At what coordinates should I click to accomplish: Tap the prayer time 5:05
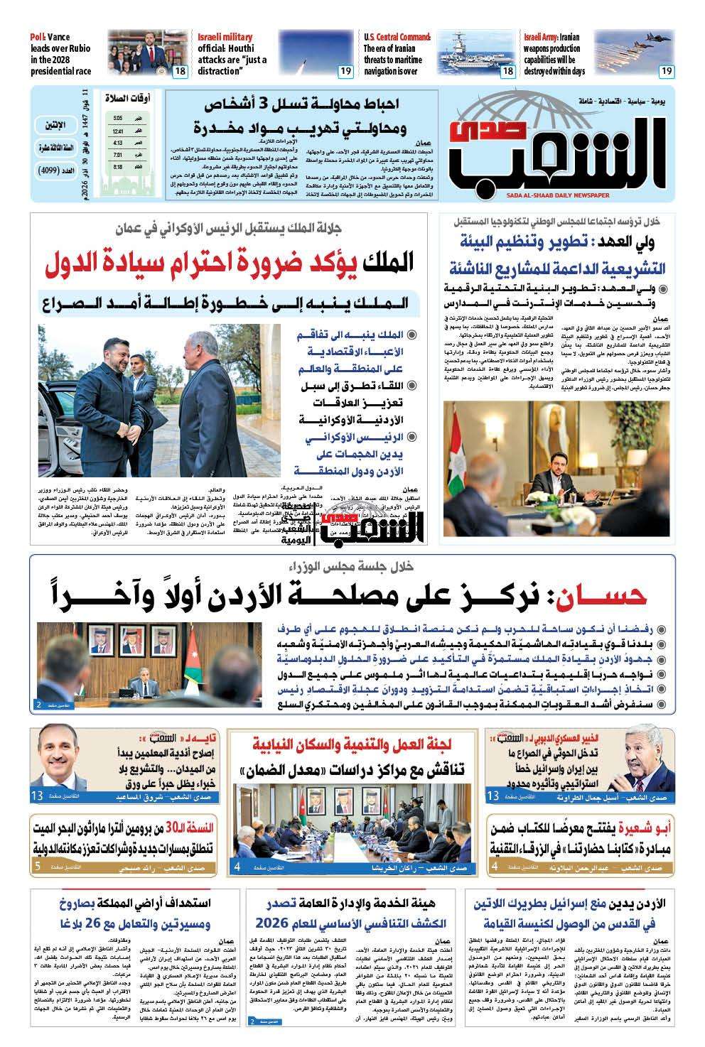[117, 118]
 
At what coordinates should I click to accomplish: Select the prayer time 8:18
[117, 167]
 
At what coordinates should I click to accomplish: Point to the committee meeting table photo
[352, 825]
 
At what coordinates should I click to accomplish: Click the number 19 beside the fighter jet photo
[666, 71]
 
